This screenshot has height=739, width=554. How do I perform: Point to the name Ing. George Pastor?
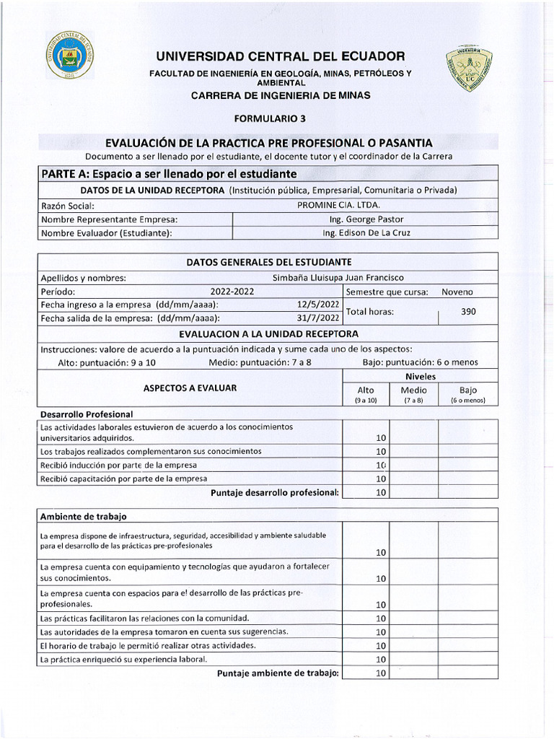[366, 219]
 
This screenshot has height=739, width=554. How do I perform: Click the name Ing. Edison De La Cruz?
[366, 232]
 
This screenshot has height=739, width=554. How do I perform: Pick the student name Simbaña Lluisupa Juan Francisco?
[338, 278]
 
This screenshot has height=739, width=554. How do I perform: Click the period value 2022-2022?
[232, 292]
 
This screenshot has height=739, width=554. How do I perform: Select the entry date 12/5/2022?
[318, 305]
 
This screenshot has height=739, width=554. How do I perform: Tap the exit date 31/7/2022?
[318, 318]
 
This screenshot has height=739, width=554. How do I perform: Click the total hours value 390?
[468, 311]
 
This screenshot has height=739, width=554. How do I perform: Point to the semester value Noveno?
[457, 292]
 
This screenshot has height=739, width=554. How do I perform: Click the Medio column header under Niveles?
[413, 393]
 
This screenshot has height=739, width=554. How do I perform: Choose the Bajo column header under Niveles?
[467, 393]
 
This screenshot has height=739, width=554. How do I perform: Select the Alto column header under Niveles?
[366, 393]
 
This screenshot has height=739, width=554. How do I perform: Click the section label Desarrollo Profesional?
[87, 414]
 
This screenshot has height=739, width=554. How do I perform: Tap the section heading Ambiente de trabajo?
[84, 517]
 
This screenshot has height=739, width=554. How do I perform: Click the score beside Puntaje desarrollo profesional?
[381, 492]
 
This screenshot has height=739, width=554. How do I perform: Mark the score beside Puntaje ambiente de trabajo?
[381, 673]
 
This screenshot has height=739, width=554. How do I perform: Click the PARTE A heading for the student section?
[169, 174]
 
